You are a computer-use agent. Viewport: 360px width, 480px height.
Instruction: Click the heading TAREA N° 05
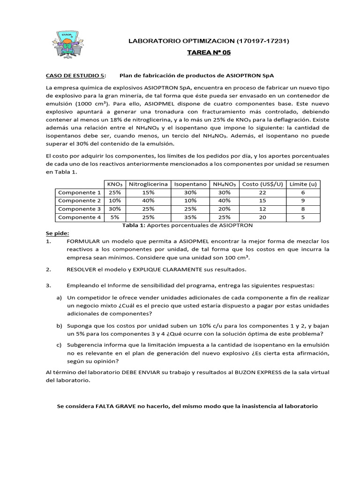coord(209,53)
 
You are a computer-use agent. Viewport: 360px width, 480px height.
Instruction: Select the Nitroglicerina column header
coord(148,184)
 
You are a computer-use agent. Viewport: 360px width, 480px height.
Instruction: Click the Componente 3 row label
coord(79,209)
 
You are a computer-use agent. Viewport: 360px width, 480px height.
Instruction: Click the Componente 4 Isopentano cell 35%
coord(190,217)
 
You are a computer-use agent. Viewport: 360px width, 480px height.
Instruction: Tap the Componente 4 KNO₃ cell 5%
coord(114,217)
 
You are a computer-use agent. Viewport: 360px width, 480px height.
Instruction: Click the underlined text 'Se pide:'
coord(57,233)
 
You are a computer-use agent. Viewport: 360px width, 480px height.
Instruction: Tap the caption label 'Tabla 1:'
coord(134,225)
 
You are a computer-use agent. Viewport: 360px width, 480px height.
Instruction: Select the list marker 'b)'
coord(59,325)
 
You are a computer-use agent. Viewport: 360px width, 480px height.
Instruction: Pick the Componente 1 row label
coord(79,193)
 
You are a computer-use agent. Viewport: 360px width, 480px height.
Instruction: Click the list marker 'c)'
coord(59,345)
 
